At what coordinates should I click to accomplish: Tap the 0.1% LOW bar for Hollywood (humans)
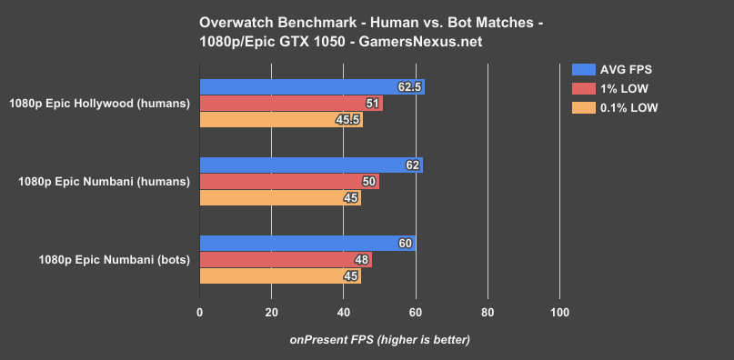[x=281, y=120]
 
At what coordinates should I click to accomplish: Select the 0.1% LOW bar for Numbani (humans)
[x=280, y=198]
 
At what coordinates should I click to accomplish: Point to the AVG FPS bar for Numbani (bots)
[x=307, y=244]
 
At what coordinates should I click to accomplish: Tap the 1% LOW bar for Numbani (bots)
[x=286, y=260]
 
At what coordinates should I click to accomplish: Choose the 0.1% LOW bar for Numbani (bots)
[x=280, y=276]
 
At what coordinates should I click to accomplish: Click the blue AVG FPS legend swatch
[x=583, y=69]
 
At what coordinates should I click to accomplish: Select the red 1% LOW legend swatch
[x=583, y=88]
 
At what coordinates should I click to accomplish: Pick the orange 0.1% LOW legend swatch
[x=583, y=107]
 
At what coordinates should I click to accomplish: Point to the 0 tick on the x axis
[x=200, y=314]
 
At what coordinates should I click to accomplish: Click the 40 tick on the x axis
[x=344, y=314]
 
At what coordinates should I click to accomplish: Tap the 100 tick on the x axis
[x=559, y=314]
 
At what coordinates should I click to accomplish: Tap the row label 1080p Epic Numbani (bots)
[x=114, y=260]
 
